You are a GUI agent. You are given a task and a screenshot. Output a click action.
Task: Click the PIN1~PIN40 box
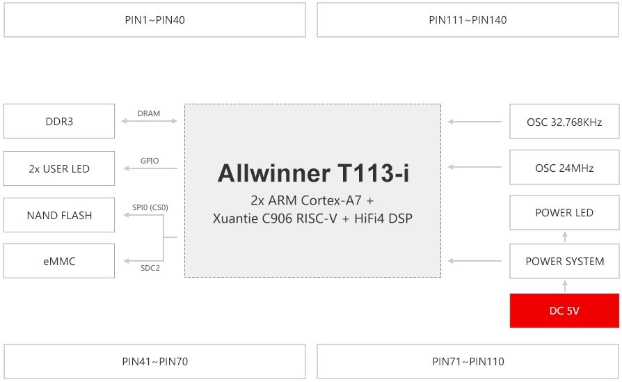pyautogui.click(x=154, y=20)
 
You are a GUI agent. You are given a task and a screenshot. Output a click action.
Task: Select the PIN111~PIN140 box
pyautogui.click(x=468, y=20)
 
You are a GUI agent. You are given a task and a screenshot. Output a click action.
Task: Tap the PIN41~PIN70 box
pyautogui.click(x=154, y=361)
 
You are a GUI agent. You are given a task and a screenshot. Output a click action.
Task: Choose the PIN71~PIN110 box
pyautogui.click(x=468, y=361)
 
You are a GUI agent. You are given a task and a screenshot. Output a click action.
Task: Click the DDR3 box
pyautogui.click(x=59, y=121)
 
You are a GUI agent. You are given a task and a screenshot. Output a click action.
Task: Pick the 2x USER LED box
pyautogui.click(x=59, y=168)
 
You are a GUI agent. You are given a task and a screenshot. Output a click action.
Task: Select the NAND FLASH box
pyautogui.click(x=59, y=215)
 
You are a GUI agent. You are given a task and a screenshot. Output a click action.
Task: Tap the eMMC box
pyautogui.click(x=59, y=261)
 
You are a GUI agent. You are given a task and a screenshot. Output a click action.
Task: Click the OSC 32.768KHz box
pyautogui.click(x=564, y=122)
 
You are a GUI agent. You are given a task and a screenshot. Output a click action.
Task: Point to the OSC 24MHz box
pyautogui.click(x=564, y=168)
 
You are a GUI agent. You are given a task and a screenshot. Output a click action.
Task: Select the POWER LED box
pyautogui.click(x=564, y=213)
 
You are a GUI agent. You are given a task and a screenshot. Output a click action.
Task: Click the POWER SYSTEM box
pyautogui.click(x=564, y=261)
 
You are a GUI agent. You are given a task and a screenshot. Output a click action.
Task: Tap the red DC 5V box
pyautogui.click(x=564, y=310)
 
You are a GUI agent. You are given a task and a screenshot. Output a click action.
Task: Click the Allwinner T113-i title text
pyautogui.click(x=313, y=173)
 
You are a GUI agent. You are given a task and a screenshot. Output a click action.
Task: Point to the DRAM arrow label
pyautogui.click(x=149, y=113)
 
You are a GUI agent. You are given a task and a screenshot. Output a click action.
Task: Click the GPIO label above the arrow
pyautogui.click(x=150, y=161)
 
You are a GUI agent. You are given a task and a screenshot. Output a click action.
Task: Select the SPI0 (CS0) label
pyautogui.click(x=150, y=207)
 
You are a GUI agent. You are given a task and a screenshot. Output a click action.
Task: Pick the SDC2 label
pyautogui.click(x=150, y=268)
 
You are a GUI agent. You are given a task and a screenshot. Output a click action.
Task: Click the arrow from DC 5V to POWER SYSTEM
pyautogui.click(x=565, y=286)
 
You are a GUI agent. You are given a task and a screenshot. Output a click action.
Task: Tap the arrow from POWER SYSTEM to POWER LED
pyautogui.click(x=565, y=237)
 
